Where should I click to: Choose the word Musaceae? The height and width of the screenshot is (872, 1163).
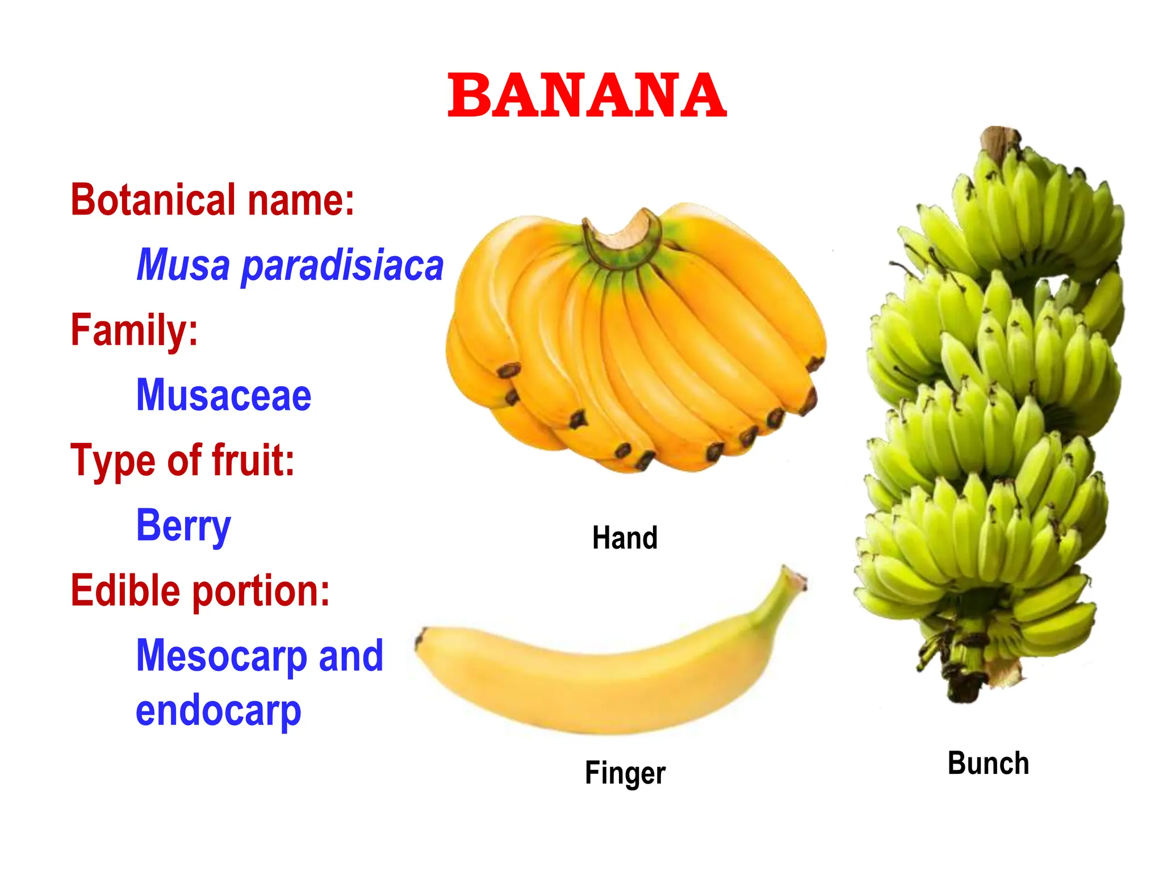tap(224, 395)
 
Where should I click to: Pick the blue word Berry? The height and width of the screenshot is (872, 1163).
tap(183, 526)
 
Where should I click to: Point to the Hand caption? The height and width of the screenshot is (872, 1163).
tap(625, 538)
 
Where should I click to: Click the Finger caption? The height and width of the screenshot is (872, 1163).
tap(625, 773)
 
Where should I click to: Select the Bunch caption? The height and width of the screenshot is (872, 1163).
tap(988, 764)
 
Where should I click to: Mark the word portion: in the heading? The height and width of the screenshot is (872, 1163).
tap(261, 590)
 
